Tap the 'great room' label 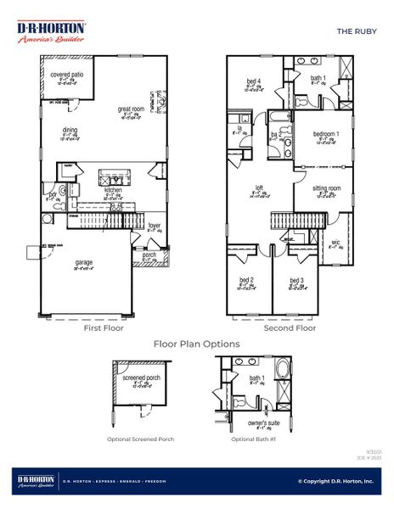pyautogui.click(x=130, y=109)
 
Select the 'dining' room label pyautogui.click(x=70, y=130)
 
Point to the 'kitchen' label pyautogui.click(x=113, y=190)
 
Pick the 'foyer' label pyautogui.click(x=155, y=226)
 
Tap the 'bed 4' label pyautogui.click(x=253, y=81)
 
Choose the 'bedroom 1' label pyautogui.click(x=326, y=134)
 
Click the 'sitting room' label pyautogui.click(x=326, y=187)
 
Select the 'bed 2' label pyautogui.click(x=246, y=279)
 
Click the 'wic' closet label pyautogui.click(x=335, y=241)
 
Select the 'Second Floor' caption pyautogui.click(x=290, y=327)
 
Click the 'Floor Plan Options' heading pyautogui.click(x=196, y=344)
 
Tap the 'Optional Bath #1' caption pyautogui.click(x=254, y=439)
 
